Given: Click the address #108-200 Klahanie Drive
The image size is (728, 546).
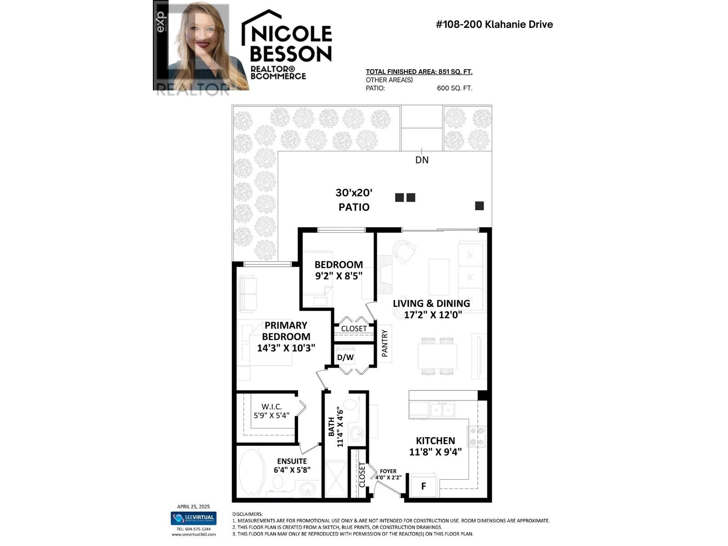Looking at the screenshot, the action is click(494, 24).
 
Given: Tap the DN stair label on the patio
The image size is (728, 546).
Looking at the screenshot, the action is click(422, 160).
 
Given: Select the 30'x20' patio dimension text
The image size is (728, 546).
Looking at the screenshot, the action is click(354, 192).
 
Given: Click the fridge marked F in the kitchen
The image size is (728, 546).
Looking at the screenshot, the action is click(424, 486).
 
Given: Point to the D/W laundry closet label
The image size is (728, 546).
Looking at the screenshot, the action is click(345, 358).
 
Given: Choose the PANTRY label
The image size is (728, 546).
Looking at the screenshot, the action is click(385, 343).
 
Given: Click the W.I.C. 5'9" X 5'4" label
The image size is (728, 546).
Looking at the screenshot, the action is click(272, 411).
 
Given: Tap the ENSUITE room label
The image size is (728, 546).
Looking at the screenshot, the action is click(292, 461).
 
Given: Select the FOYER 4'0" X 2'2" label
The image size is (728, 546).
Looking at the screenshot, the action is click(388, 475).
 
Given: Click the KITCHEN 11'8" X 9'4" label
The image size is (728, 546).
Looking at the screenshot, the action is click(435, 446).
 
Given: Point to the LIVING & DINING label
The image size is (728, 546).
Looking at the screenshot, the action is click(431, 303).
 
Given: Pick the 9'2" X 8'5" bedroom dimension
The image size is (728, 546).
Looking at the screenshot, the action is click(339, 276).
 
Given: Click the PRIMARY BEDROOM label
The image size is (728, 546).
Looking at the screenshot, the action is click(286, 331).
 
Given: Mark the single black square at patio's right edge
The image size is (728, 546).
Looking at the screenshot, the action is click(479, 206).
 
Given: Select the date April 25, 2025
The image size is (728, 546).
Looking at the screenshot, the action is click(193, 506).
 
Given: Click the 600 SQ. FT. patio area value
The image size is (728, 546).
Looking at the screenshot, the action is click(455, 88).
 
